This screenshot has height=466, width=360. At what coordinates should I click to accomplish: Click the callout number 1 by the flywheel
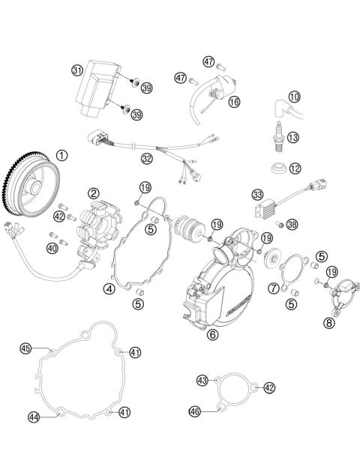pyautogui.click(x=61, y=156)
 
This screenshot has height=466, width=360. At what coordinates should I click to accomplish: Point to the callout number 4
pyautogui.click(x=109, y=288)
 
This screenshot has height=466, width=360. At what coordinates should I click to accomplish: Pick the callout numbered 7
pyautogui.click(x=274, y=288)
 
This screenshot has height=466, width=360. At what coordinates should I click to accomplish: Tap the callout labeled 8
pyautogui.click(x=328, y=324)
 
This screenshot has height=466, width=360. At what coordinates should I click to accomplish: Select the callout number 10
pyautogui.click(x=294, y=97)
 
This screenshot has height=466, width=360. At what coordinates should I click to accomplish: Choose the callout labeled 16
pyautogui.click(x=234, y=101)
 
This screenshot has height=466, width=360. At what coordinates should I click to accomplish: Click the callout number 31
pyautogui.click(x=76, y=70)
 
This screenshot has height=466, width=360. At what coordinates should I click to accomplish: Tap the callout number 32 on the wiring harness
pyautogui.click(x=147, y=158)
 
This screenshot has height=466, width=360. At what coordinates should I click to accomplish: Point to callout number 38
pyautogui.click(x=292, y=224)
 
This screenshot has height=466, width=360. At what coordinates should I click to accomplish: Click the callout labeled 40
pyautogui.click(x=52, y=247)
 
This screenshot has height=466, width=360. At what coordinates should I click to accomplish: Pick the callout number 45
pyautogui.click(x=25, y=348)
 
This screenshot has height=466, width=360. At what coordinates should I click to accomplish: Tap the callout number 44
pyautogui.click(x=34, y=417)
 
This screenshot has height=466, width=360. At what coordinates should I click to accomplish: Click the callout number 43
pyautogui.click(x=202, y=381)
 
